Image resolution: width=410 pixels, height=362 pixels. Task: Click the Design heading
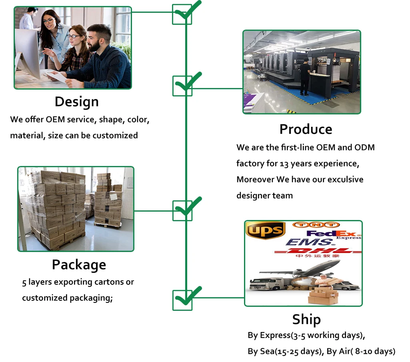click(76, 102)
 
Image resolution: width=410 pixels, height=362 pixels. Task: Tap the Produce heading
click(306, 129)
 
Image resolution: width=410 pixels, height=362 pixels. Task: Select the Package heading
click(79, 264)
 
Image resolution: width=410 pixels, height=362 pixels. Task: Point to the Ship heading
click(306, 319)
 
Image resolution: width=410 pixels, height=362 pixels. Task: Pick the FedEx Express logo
click(333, 234)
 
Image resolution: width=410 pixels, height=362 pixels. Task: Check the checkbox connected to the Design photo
click(182, 14)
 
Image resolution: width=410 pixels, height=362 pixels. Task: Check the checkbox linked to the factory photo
click(182, 86)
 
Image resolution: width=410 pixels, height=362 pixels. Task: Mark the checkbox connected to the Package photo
click(182, 211)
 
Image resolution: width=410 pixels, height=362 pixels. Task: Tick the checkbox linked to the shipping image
click(182, 300)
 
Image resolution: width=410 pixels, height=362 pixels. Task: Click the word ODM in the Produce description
click(364, 147)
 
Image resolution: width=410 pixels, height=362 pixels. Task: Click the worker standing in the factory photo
click(305, 76)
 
